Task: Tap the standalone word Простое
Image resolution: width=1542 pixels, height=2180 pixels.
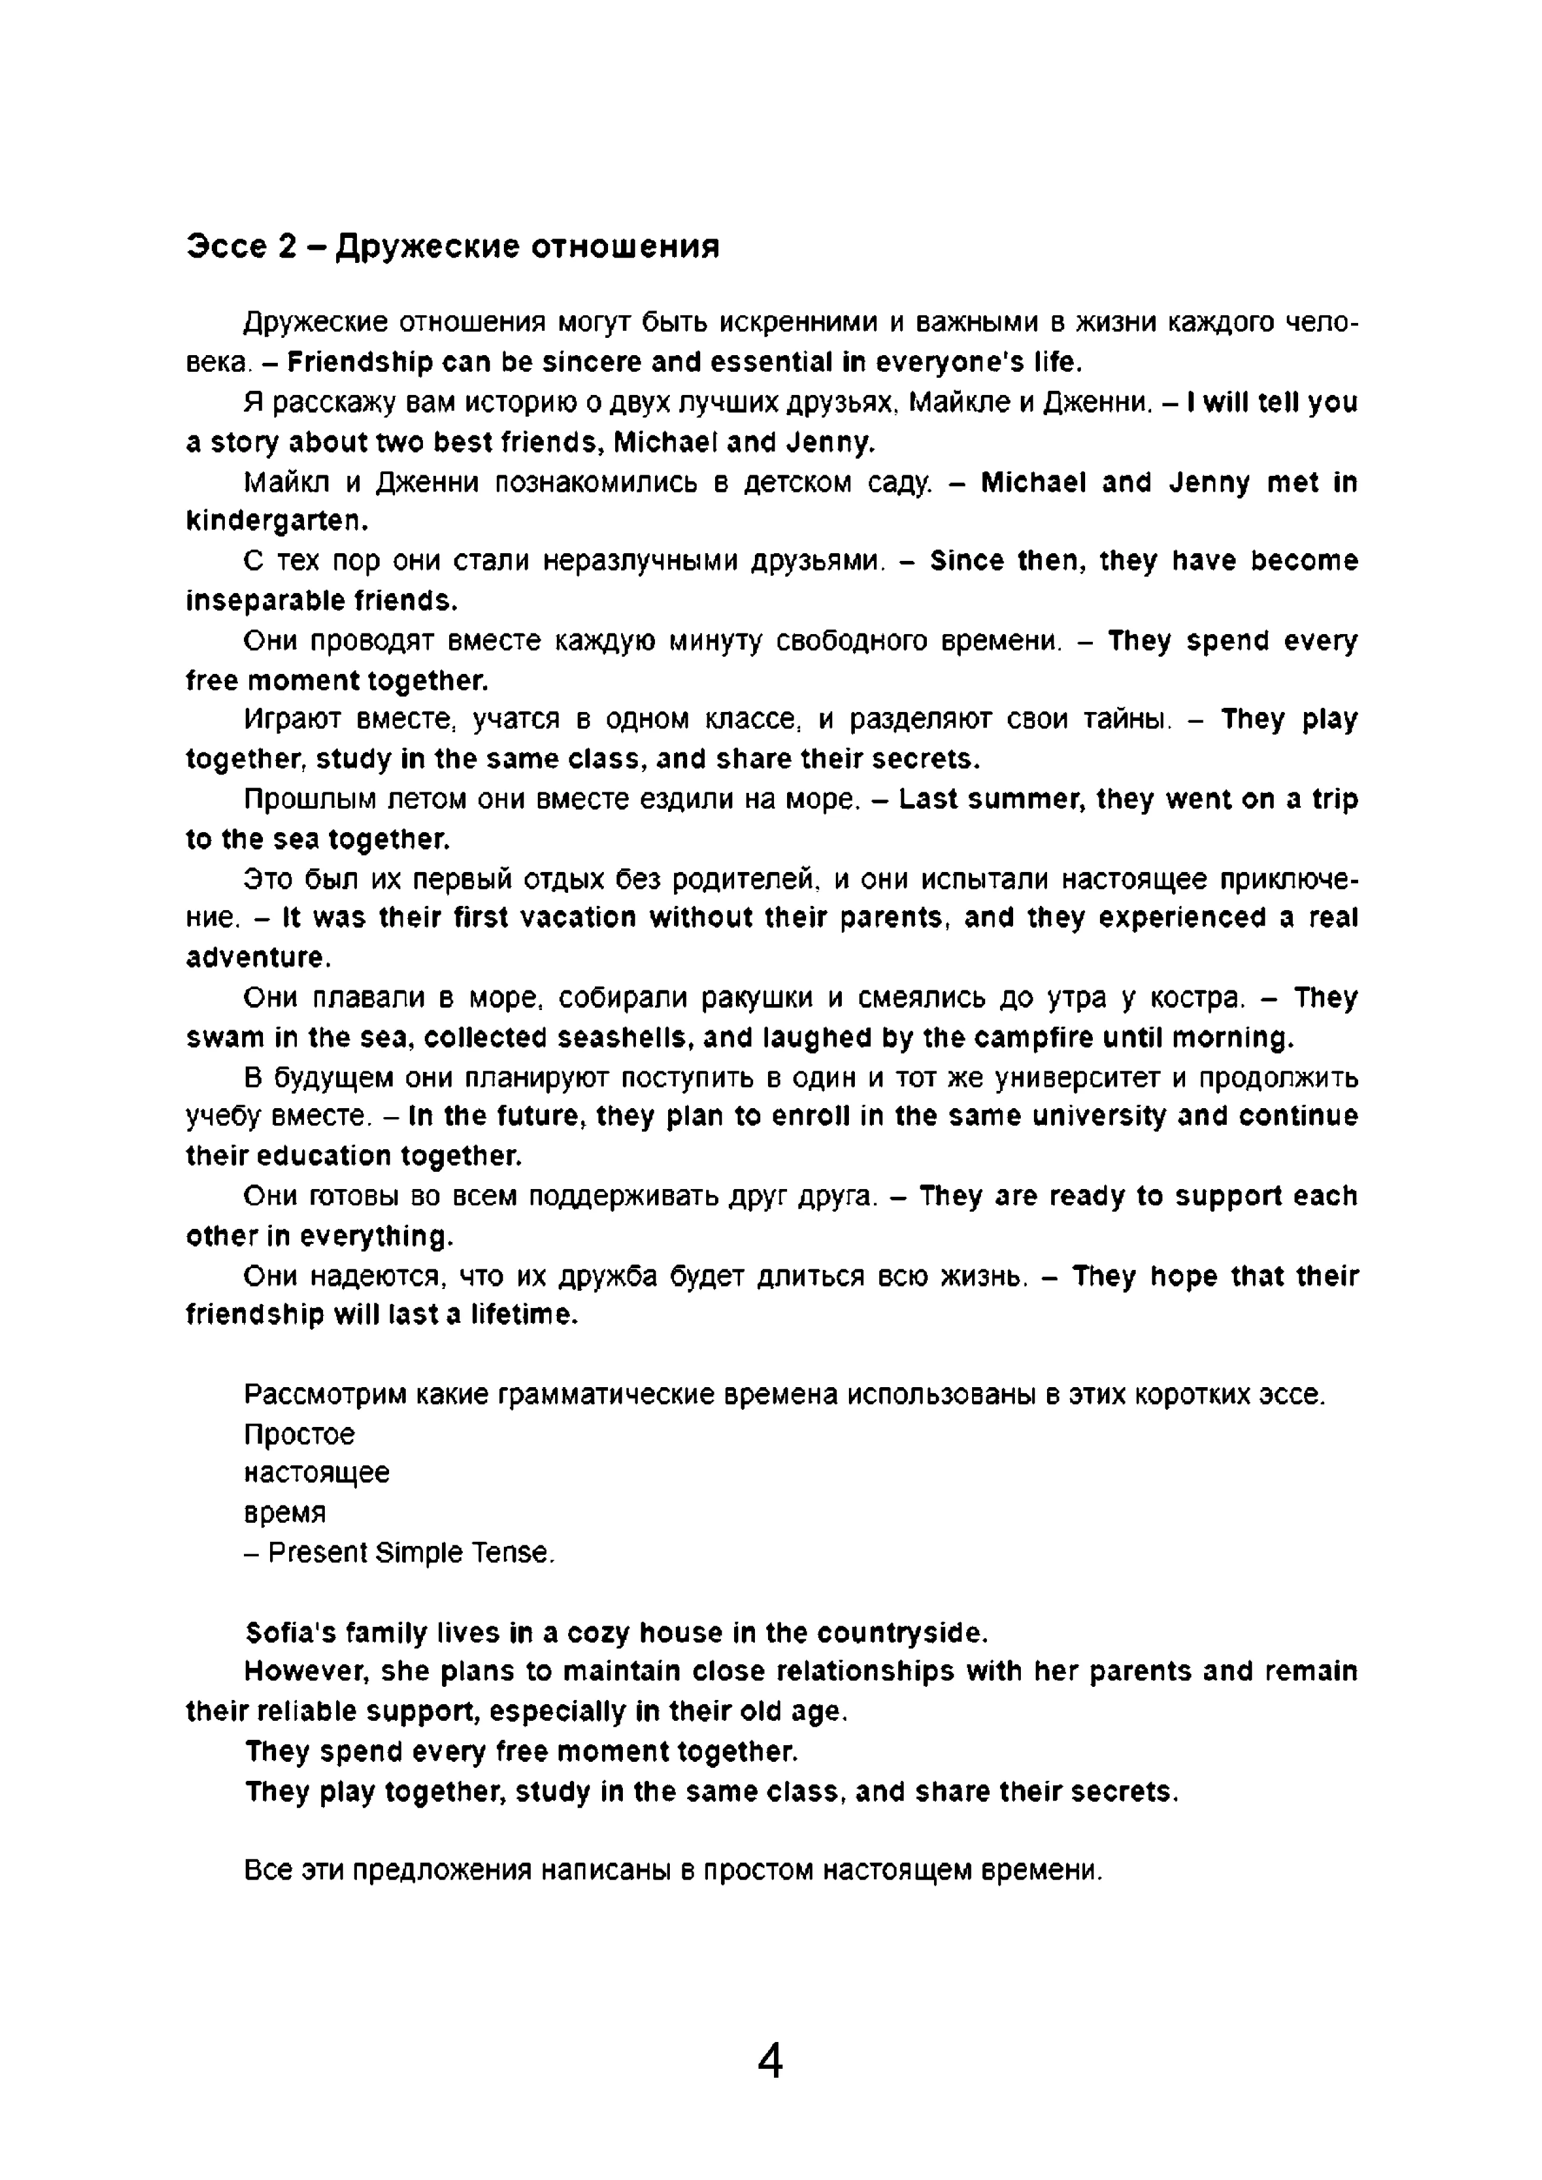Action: click(x=299, y=1434)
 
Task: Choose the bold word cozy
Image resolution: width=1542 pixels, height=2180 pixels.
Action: click(x=598, y=1633)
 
